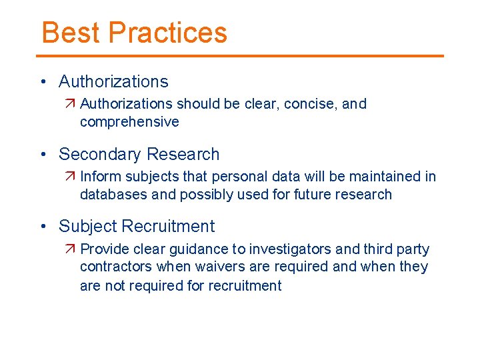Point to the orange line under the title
[x=240, y=56]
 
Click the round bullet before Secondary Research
[x=43, y=155]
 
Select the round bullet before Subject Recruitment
[x=43, y=227]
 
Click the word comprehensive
[x=129, y=122]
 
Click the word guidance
[x=196, y=249]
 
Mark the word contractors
[x=116, y=267]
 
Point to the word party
[x=415, y=250]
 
